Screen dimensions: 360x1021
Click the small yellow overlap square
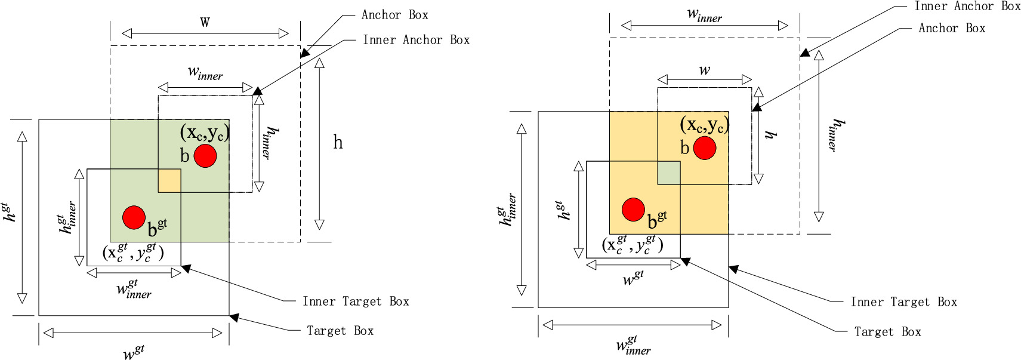click(x=169, y=180)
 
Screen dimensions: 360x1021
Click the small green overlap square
click(x=669, y=173)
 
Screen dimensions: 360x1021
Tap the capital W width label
click(x=205, y=22)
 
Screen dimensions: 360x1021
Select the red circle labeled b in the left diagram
click(x=205, y=155)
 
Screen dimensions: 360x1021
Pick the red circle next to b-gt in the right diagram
click(x=633, y=210)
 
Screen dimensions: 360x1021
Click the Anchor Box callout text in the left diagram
click(x=394, y=15)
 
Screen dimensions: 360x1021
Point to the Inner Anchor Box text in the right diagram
click(x=967, y=7)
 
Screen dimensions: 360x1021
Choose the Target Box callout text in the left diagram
click(x=340, y=331)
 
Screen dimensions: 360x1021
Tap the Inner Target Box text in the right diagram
click(x=903, y=302)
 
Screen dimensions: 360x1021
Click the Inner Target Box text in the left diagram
click(x=356, y=301)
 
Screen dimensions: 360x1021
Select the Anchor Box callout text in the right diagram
click(x=951, y=28)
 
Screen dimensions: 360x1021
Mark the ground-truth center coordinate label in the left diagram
click(x=132, y=252)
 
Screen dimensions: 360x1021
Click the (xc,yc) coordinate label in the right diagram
click(x=705, y=125)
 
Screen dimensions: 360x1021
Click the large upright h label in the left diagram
click(x=338, y=142)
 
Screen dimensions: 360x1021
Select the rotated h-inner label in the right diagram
click(x=837, y=134)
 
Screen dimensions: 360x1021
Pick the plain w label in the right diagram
click(x=705, y=70)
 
